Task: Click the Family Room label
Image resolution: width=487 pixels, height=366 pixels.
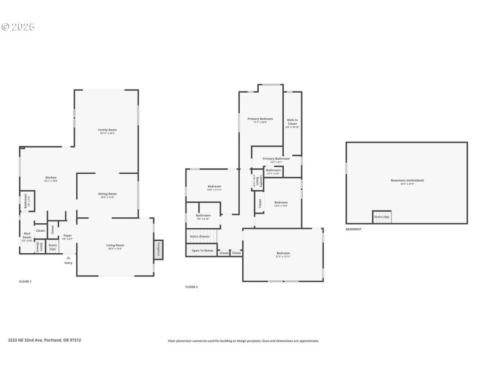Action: [x=107, y=131]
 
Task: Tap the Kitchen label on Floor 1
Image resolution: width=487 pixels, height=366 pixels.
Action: [x=51, y=179]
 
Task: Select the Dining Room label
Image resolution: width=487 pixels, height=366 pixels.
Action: [x=107, y=195]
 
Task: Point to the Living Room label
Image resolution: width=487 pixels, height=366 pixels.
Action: [x=114, y=247]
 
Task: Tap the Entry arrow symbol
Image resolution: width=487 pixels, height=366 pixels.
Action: [x=68, y=258]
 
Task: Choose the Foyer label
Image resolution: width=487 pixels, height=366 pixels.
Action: [x=68, y=236]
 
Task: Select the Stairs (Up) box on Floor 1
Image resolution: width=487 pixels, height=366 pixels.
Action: [x=52, y=246]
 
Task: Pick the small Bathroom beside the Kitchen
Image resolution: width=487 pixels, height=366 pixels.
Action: [x=27, y=201]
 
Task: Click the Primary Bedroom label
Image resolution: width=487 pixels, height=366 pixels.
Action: [x=260, y=120]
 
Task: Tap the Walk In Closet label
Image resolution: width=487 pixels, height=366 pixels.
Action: [x=292, y=124]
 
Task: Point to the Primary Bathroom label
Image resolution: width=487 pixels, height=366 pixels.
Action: [x=276, y=160]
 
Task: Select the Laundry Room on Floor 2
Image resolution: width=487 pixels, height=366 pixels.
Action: [x=256, y=181]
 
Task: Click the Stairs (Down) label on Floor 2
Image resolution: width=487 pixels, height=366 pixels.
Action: [x=200, y=236]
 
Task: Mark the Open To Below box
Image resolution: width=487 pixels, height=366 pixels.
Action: [x=202, y=250]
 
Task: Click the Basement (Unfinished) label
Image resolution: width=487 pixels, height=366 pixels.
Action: [x=407, y=181]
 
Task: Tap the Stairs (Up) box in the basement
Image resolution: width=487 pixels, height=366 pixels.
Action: [x=382, y=217]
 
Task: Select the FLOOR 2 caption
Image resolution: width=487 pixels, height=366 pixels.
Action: [x=192, y=287]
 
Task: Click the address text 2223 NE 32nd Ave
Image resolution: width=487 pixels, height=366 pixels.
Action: [x=44, y=340]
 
